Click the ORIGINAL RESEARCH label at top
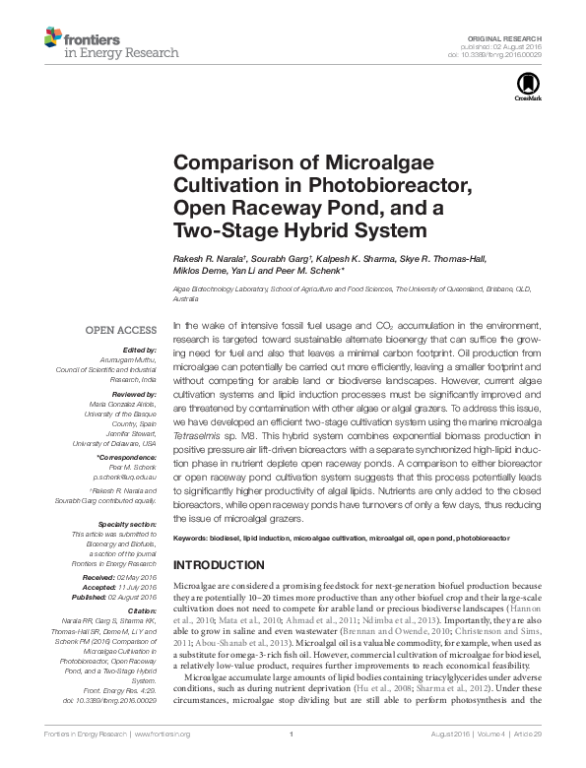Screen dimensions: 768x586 tap(515, 35)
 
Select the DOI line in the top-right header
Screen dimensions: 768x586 tap(510, 53)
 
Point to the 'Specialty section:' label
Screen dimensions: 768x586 tap(128, 525)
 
